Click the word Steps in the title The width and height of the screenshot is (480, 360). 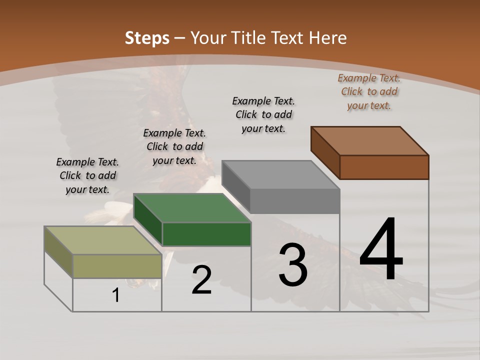[147, 38]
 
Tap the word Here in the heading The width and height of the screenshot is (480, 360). [327, 38]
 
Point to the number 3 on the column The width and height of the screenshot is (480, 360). [292, 264]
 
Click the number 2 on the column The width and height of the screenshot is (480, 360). [201, 280]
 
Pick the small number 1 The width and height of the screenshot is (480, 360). [116, 295]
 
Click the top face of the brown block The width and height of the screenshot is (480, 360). [370, 140]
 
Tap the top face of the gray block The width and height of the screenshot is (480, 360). [281, 174]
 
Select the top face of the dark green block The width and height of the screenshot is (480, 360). [192, 207]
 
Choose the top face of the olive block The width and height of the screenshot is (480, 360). [103, 240]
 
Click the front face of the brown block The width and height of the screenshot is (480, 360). [384, 167]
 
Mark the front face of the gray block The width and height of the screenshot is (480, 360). [295, 201]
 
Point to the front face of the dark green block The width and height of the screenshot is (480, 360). [206, 234]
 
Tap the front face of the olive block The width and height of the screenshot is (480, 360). [117, 266]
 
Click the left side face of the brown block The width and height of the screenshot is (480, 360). [325, 152]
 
